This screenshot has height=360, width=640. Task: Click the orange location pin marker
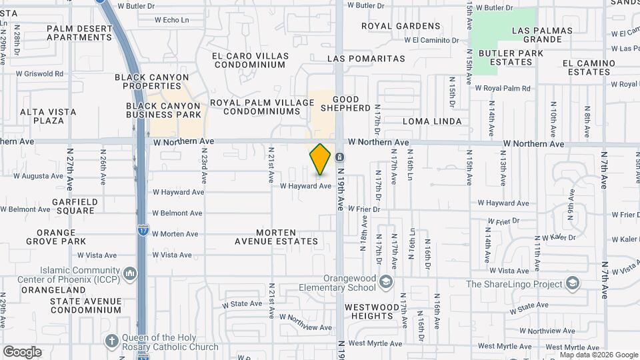[x=321, y=159]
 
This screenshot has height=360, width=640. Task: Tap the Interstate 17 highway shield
[x=143, y=230]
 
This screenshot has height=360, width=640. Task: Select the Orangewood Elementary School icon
[x=385, y=283]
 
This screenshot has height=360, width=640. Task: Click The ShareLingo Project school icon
[x=571, y=284]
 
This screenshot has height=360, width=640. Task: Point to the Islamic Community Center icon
[x=130, y=273]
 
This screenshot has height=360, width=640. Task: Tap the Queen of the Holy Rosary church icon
[x=111, y=341]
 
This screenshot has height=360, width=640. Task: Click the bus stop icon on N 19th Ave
[x=340, y=157]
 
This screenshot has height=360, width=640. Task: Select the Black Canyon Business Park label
[x=163, y=110]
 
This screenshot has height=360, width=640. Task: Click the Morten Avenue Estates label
[x=275, y=236]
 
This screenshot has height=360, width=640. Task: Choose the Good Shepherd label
[x=345, y=103]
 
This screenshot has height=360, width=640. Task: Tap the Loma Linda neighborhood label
[x=433, y=121]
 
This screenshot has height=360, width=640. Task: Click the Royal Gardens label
[x=401, y=26]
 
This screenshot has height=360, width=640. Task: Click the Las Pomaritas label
[x=367, y=59]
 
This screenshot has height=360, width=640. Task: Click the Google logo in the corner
[x=22, y=351]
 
